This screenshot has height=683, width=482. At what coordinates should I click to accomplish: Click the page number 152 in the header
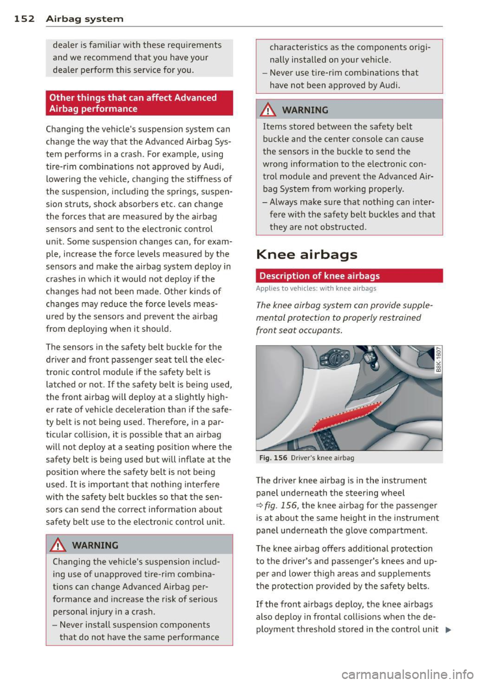click(24, 19)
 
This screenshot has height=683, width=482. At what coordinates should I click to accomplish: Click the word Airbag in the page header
click(63, 19)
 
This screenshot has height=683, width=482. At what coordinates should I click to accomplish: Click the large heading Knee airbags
click(306, 254)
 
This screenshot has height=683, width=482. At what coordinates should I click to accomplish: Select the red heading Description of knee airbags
click(319, 276)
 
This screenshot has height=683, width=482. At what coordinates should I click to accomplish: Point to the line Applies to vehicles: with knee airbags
click(316, 289)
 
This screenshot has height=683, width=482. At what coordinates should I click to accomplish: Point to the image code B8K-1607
click(438, 360)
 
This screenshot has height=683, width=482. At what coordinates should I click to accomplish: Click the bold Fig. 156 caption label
click(273, 458)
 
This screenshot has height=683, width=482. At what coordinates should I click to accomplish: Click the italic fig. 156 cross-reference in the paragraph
click(280, 505)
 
